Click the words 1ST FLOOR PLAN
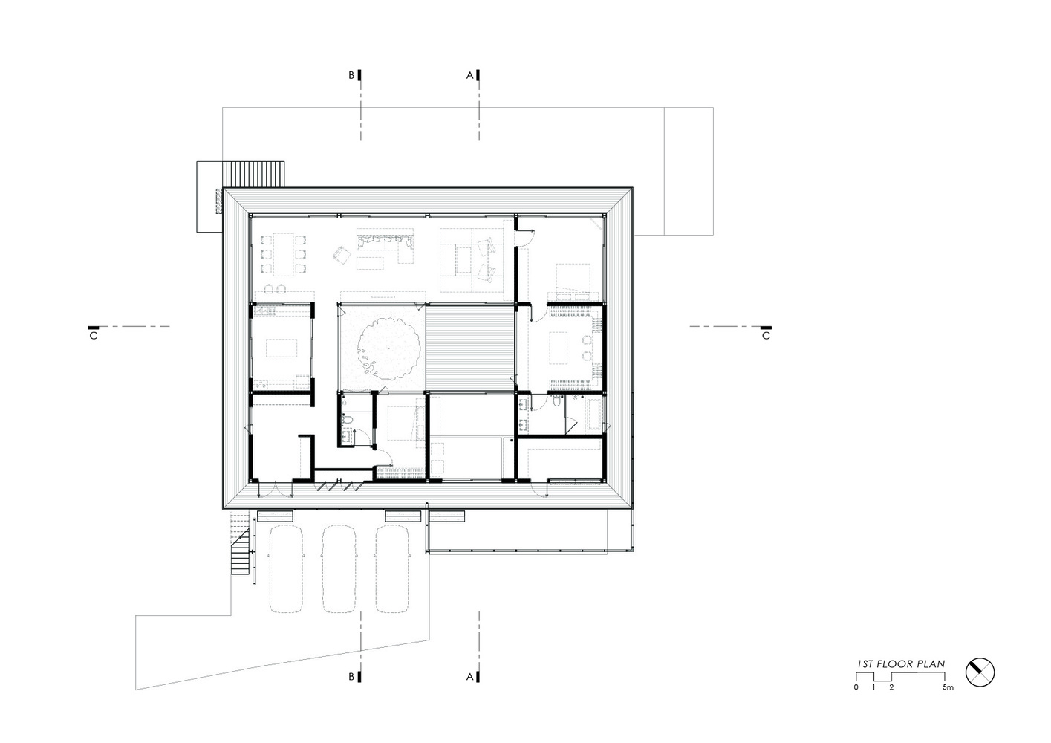pos(901,663)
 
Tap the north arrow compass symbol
pos(980,672)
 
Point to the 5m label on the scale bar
pos(948,687)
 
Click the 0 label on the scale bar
pos(856,687)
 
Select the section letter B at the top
pos(351,75)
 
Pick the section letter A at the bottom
pos(469,677)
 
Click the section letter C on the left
pos(94,336)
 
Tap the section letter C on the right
pos(766,336)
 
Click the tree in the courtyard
pos(388,348)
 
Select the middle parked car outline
pos(339,568)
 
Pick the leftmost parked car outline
pos(286,568)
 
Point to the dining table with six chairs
pos(284,254)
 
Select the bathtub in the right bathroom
pos(593,415)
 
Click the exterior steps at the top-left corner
pos(253,174)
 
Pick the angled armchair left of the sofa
pos(342,254)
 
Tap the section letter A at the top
pos(469,75)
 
